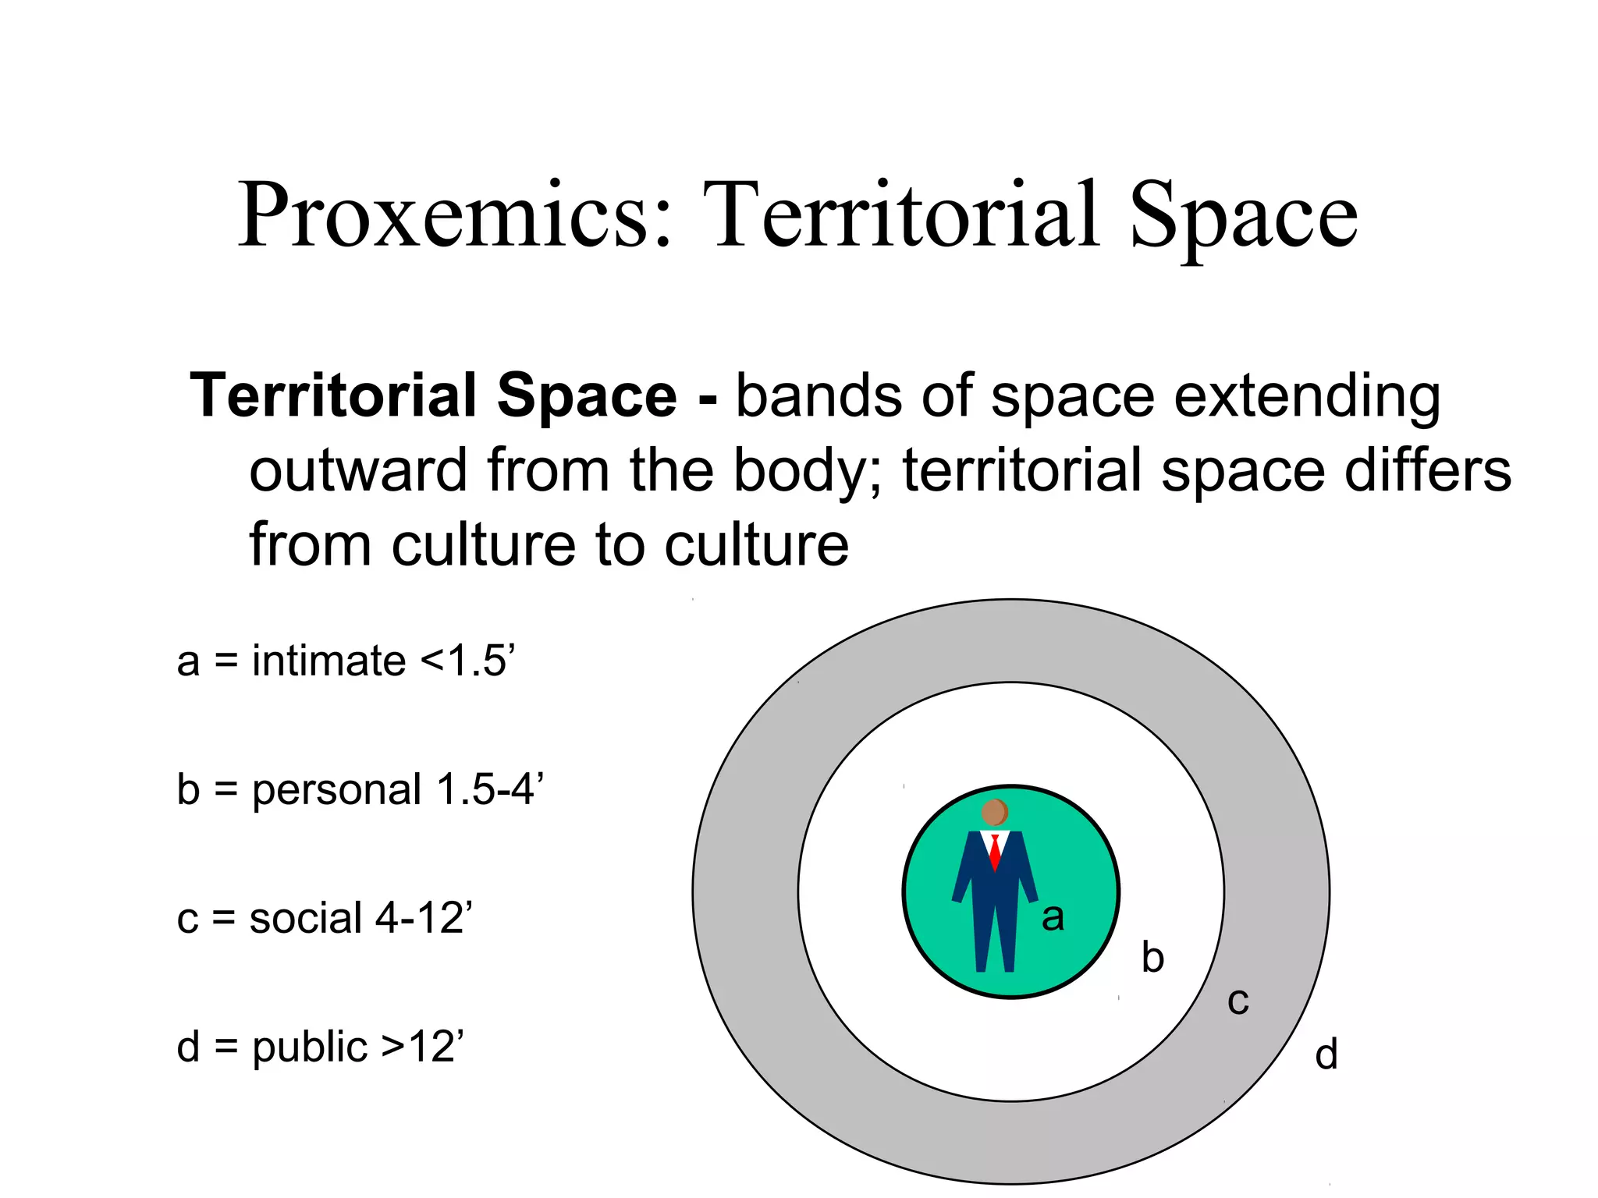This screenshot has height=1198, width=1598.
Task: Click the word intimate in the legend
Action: point(328,661)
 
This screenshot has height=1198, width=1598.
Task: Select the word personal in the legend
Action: point(336,791)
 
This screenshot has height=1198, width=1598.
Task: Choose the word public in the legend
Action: point(309,1047)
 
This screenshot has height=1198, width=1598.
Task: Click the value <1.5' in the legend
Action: point(467,661)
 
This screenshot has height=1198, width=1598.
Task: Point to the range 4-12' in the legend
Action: point(424,918)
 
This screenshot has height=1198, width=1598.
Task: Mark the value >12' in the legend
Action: point(422,1047)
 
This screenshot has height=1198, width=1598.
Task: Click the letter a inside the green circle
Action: point(1053,918)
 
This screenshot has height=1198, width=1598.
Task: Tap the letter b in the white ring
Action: point(1152,957)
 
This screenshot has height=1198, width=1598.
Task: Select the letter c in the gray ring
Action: point(1238,1001)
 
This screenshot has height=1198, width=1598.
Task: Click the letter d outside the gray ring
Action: point(1326,1054)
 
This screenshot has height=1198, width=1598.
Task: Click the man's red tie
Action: point(995,852)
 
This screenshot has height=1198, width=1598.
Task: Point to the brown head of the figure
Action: point(994,813)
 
